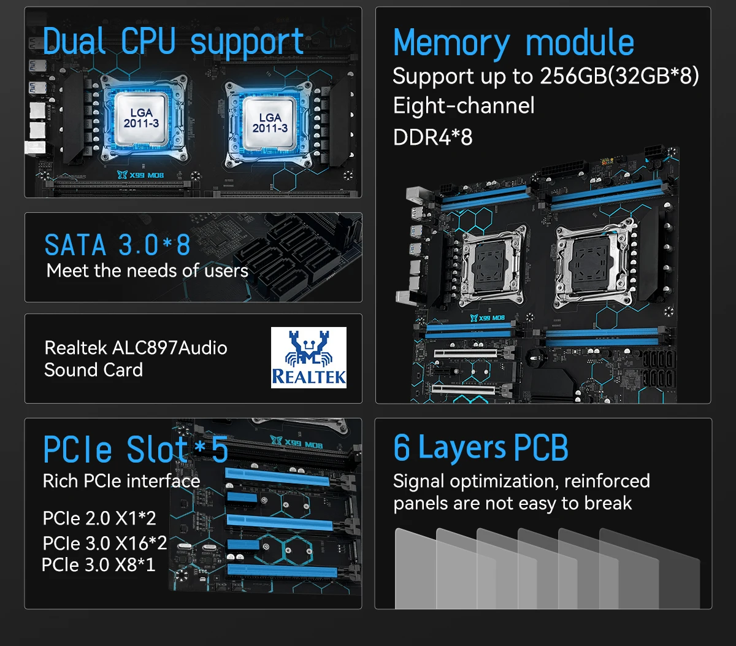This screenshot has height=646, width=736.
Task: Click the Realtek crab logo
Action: (309, 358)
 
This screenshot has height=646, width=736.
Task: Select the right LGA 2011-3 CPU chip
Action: (269, 123)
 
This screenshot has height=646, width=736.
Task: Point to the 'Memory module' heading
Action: (514, 44)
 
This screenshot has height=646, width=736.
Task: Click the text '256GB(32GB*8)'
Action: (619, 76)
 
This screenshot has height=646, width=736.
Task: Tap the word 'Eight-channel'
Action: (464, 106)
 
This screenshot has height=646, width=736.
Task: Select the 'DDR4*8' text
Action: (432, 137)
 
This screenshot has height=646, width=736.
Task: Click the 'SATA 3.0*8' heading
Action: (117, 245)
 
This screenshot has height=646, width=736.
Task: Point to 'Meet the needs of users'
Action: (147, 271)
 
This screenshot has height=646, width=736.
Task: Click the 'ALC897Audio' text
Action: (170, 348)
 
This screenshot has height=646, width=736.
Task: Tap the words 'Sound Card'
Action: (93, 370)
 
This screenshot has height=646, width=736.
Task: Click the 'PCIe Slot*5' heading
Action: (136, 450)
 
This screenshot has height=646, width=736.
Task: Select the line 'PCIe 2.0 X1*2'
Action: (99, 518)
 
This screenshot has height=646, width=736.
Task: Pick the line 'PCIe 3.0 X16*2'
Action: (105, 543)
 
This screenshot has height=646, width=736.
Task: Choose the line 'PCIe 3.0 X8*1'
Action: (99, 564)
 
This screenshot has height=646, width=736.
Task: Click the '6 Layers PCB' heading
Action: (481, 448)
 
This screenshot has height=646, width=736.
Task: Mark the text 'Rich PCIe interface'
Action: (121, 481)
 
